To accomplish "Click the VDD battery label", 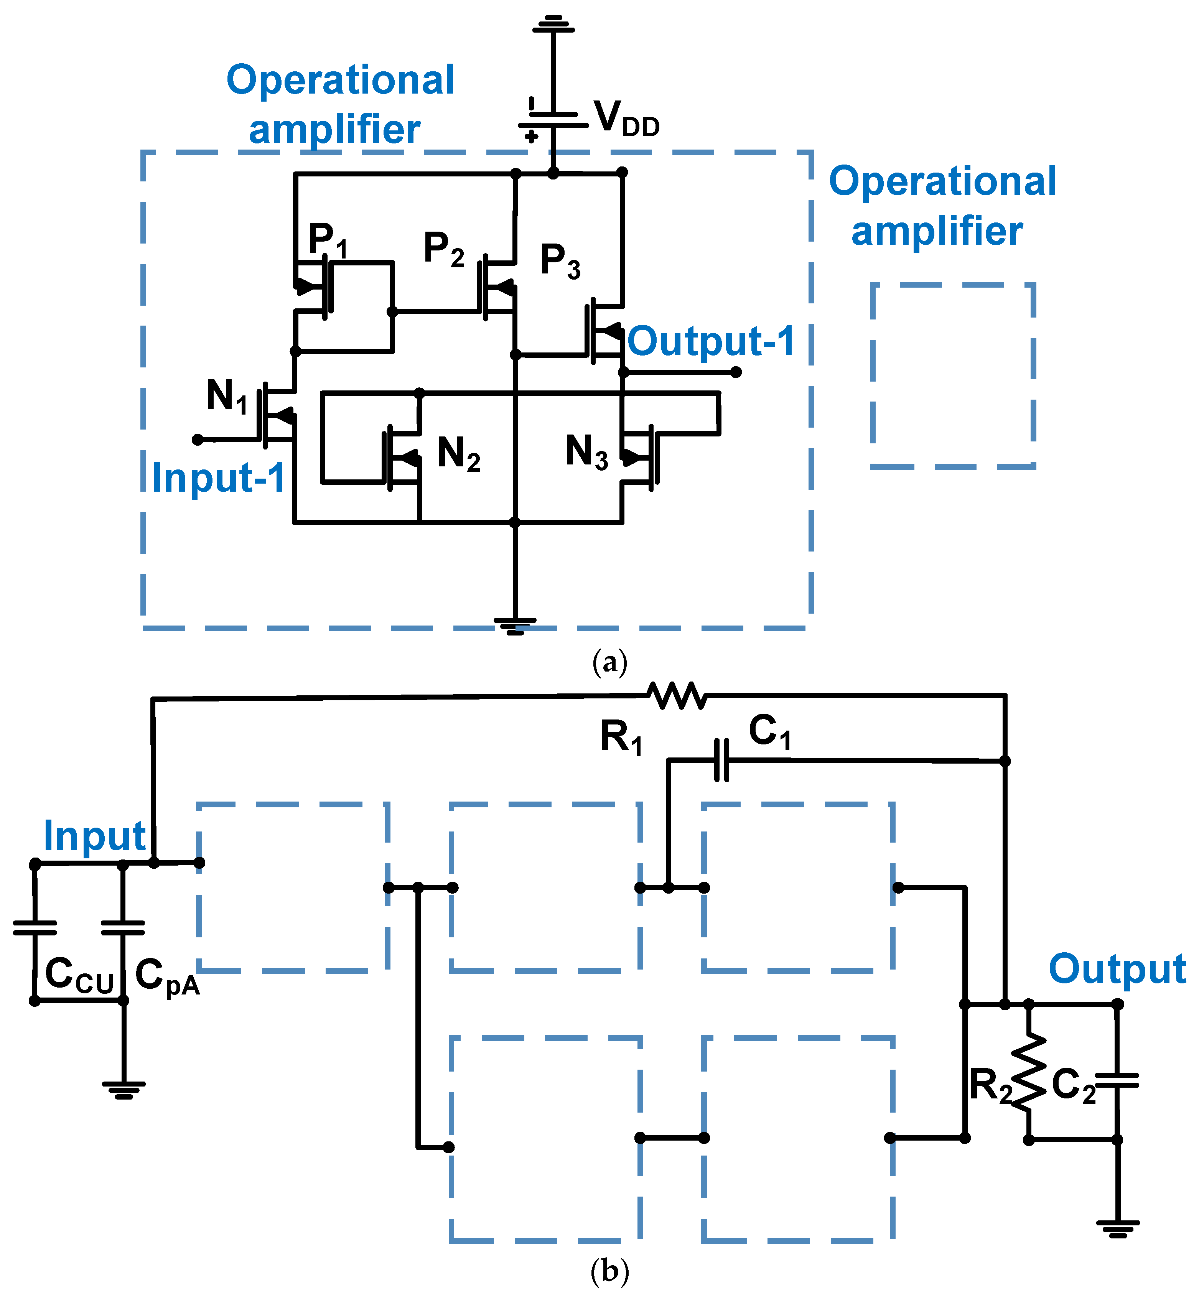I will coord(626,119).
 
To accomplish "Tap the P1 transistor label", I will coord(328,240).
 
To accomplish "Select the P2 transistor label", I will coord(444,249).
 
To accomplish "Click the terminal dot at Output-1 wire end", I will coord(736,372).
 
